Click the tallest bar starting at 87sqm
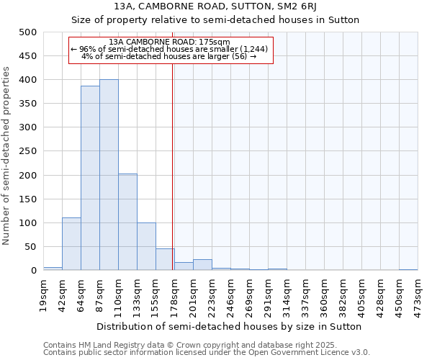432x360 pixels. pyautogui.click(x=109, y=175)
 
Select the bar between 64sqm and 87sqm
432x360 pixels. pyautogui.click(x=90, y=178)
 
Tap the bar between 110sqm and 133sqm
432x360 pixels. pyautogui.click(x=127, y=222)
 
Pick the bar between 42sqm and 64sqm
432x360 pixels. pyautogui.click(x=71, y=243)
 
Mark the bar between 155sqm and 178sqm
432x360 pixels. pyautogui.click(x=165, y=259)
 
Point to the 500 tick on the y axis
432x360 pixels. pyautogui.click(x=28, y=32)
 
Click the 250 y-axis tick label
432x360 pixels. pyautogui.click(x=28, y=151)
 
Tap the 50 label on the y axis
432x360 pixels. pyautogui.click(x=31, y=247)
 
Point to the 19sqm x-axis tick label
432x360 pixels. pyautogui.click(x=43, y=295)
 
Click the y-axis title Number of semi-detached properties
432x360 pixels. pyautogui.click(x=7, y=156)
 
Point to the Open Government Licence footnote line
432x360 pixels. pyautogui.click(x=207, y=353)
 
